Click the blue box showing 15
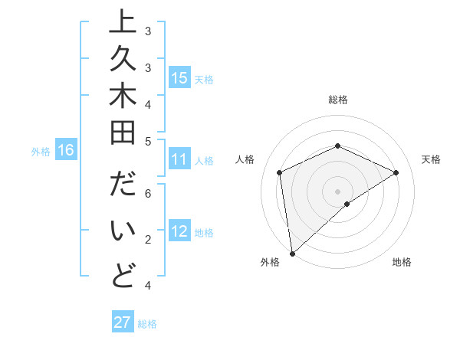179,78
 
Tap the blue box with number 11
179,159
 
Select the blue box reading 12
179,232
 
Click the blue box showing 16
66,150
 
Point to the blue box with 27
123,322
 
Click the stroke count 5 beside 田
148,140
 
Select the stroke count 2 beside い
148,240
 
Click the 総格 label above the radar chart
338,100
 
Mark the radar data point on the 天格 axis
396,172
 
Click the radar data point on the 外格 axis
292,254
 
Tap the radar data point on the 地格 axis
347,204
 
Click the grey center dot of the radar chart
338,191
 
